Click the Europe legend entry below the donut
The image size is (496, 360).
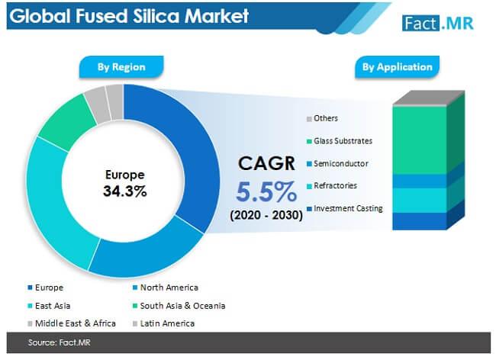coord(46,288)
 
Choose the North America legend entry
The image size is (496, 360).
coord(166,288)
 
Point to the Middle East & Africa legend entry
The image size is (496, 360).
coord(72,323)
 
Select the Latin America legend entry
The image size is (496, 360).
coord(163,323)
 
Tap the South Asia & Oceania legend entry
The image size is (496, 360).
coord(179,306)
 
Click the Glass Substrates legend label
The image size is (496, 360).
coord(343,141)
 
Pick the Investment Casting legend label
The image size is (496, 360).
coord(348,209)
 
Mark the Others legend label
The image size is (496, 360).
coord(326,118)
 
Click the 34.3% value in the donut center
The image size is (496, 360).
coord(125,191)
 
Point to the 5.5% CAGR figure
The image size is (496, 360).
coord(266,191)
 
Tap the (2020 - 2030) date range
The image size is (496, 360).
coord(266,215)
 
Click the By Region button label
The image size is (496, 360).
coord(121,67)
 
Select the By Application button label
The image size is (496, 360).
coord(398,67)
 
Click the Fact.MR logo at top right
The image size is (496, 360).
coord(438,23)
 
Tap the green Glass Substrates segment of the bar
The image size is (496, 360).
coord(420,140)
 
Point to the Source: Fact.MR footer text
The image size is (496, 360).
coord(60,342)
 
